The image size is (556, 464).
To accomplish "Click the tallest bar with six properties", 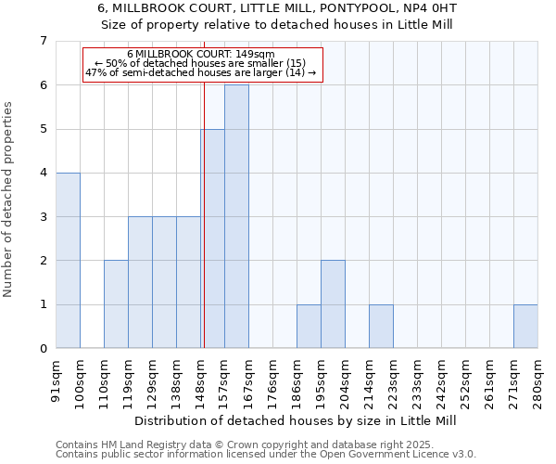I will click(x=236, y=216).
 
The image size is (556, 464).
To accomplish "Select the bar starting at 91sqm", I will click(x=68, y=260).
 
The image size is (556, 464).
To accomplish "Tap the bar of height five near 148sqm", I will click(x=213, y=238).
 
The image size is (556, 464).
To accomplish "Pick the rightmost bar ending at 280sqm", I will click(x=525, y=326).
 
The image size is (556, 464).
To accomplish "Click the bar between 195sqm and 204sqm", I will click(x=333, y=304).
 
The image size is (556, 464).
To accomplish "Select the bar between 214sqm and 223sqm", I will click(x=381, y=326).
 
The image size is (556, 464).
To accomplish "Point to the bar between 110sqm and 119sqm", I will click(x=116, y=304).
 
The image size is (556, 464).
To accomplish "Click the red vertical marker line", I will click(x=203, y=232).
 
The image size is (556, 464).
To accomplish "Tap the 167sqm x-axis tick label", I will click(x=249, y=380).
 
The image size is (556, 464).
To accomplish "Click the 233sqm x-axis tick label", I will click(x=418, y=380).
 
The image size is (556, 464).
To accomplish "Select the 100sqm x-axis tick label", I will click(x=81, y=380).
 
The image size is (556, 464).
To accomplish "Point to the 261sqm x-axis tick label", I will click(x=490, y=380).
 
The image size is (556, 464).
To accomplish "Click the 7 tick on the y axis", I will click(x=43, y=41).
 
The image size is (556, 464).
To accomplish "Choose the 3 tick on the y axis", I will click(x=43, y=217).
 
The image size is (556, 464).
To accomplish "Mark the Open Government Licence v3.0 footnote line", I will click(x=266, y=455).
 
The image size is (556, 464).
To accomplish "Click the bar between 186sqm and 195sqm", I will click(x=309, y=326).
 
